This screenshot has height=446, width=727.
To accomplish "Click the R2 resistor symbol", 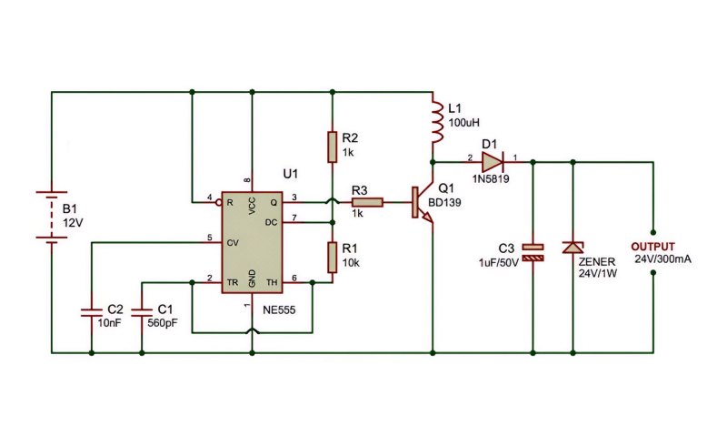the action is [332, 147].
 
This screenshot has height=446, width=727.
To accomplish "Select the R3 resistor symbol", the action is [367, 202].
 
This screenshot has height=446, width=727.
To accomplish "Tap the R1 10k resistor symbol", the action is [332, 257].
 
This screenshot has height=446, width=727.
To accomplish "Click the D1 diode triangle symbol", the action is [493, 162].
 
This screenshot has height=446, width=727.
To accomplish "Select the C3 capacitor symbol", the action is [533, 253].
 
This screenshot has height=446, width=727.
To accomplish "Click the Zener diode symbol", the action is [573, 248].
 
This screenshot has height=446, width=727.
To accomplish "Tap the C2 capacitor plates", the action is [92, 311].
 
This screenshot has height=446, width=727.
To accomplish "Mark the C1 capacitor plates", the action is [142, 311].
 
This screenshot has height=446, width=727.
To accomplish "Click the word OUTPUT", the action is [652, 247].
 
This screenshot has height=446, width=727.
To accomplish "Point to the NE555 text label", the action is [279, 309].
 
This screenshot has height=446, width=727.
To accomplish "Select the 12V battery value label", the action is [73, 223].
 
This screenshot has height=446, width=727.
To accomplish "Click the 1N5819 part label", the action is [491, 179].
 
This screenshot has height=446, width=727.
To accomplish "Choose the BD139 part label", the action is [444, 203].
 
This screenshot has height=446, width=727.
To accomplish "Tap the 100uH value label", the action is [463, 123].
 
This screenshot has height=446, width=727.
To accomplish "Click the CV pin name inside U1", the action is [233, 242].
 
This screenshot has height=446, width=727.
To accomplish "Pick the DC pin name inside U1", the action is [271, 222].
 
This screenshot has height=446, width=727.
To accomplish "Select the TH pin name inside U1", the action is [272, 282].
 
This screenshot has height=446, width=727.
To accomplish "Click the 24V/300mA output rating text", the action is [662, 259].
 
